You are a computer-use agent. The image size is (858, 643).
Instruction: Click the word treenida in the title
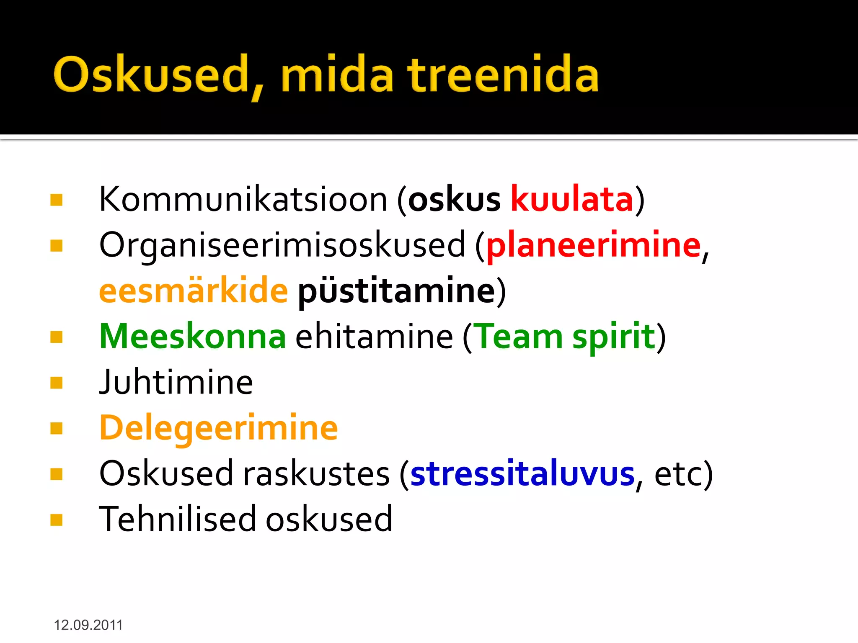click(503, 75)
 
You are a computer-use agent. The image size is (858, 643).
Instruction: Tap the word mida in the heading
click(337, 75)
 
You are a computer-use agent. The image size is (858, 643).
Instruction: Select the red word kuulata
click(571, 199)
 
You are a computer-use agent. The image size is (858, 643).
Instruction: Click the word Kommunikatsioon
click(243, 199)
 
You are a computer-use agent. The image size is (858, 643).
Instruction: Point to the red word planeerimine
click(593, 245)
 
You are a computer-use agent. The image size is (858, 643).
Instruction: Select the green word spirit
click(613, 337)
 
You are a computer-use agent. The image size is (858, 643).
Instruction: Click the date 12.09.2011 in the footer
click(88, 625)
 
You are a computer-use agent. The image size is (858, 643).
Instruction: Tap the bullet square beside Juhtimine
click(56, 383)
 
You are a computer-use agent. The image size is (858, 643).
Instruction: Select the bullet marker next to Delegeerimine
click(56, 428)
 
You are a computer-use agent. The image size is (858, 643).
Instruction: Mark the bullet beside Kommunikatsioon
click(56, 200)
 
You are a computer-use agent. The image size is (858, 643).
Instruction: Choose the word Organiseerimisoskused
click(282, 245)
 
